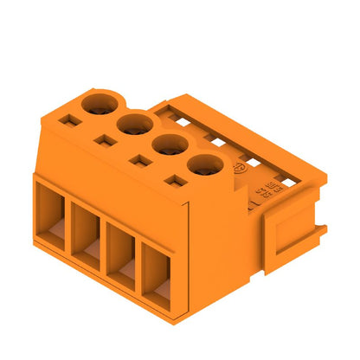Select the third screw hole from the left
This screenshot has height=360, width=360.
click(x=167, y=145)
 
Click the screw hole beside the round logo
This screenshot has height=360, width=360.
click(x=202, y=165)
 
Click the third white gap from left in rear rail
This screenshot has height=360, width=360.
click(x=249, y=157)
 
